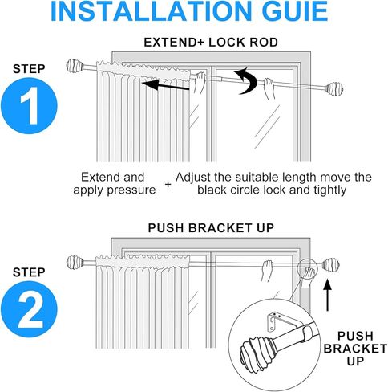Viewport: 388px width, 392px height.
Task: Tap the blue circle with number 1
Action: tap(29, 106)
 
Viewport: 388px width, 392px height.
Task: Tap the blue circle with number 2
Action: tap(29, 309)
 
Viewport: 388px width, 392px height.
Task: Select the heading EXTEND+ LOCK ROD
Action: tap(211, 43)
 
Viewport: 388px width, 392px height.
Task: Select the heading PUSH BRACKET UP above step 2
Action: tap(211, 228)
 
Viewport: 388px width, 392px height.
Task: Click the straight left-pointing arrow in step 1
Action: tap(166, 85)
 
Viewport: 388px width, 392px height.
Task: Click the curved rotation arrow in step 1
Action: tap(245, 81)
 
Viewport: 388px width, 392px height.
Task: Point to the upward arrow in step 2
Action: tap(328, 295)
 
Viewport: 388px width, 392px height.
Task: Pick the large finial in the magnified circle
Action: tap(257, 351)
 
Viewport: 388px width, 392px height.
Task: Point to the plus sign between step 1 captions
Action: tap(168, 184)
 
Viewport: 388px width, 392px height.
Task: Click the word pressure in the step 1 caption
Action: tap(131, 190)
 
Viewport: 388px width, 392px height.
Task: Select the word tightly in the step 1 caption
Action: tap(330, 190)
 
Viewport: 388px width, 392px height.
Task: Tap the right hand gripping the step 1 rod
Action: tap(269, 88)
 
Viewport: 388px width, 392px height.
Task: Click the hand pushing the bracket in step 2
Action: tap(309, 276)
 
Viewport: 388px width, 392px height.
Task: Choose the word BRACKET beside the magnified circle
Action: tap(355, 349)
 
